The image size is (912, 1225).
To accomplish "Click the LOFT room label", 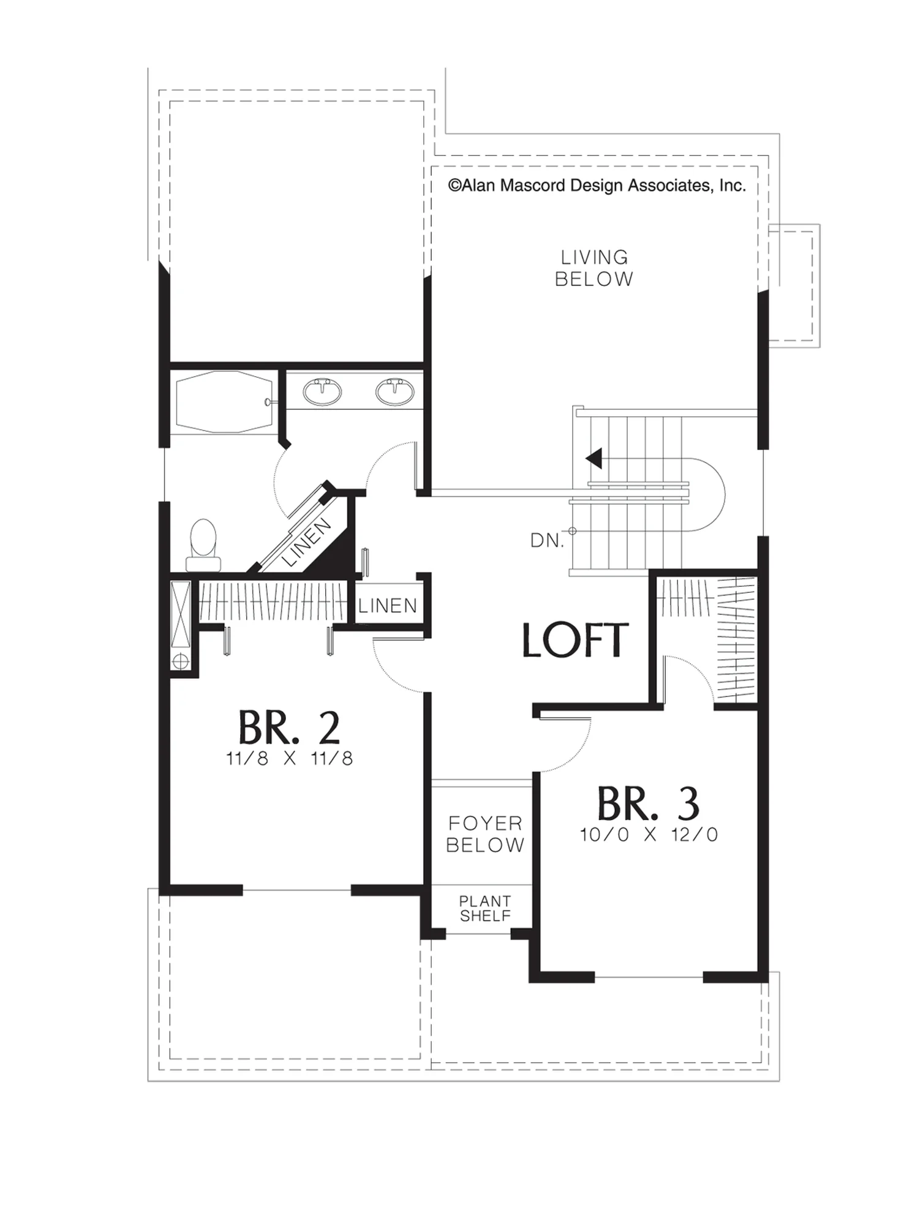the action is tap(575, 641).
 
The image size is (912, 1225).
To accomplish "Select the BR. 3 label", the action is tap(648, 804).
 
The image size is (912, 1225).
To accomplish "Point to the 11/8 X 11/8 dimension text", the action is tap(289, 759).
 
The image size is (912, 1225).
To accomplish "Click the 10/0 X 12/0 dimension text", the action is tap(649, 835).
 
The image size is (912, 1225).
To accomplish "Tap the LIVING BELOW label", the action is tap(594, 268).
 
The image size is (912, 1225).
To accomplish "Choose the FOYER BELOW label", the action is tap(485, 834).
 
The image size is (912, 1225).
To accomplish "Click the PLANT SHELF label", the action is tap(485, 909).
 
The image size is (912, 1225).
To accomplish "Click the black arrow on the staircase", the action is tap(594, 458).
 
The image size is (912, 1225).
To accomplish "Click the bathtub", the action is tap(224, 402).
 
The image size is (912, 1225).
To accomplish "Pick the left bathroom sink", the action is tap(322, 391).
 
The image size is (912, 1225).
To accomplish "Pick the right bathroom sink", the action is tap(394, 391).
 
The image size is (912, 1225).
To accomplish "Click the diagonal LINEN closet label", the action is tap(307, 543).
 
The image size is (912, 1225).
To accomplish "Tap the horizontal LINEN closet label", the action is tap(388, 606).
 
